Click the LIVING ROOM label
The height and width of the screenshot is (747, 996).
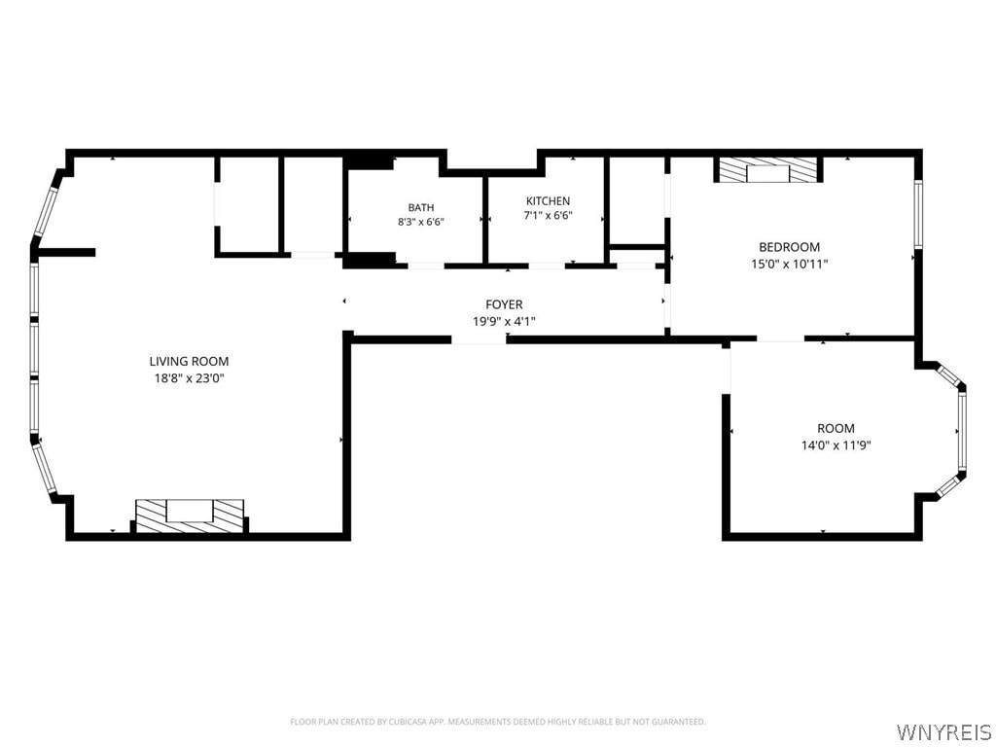(189, 362)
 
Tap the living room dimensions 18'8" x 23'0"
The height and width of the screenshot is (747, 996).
(189, 378)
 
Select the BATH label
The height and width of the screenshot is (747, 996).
(421, 208)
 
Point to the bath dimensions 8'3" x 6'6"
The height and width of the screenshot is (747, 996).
(421, 223)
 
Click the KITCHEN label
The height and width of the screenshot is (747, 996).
(549, 200)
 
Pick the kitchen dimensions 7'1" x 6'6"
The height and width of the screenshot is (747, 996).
(549, 215)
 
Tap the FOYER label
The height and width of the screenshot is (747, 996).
(505, 304)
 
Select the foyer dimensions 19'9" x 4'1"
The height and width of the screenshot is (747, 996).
(505, 321)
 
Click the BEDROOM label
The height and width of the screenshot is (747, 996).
(790, 247)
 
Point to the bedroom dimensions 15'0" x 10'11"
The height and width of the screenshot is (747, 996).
(790, 264)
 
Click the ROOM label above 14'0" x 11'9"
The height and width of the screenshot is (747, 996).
(836, 429)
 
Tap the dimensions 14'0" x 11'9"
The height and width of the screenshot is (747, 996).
(836, 445)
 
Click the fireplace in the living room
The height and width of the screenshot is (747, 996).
(190, 516)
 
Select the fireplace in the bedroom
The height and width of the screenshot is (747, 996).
(768, 169)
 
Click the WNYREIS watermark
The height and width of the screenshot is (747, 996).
(943, 731)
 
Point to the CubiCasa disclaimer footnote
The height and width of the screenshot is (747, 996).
(498, 722)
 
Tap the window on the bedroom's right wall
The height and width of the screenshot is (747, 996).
(918, 213)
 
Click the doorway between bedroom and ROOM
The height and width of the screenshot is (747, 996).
(781, 338)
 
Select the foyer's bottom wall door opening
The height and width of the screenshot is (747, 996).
(479, 340)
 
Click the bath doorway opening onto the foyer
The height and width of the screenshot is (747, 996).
(426, 266)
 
